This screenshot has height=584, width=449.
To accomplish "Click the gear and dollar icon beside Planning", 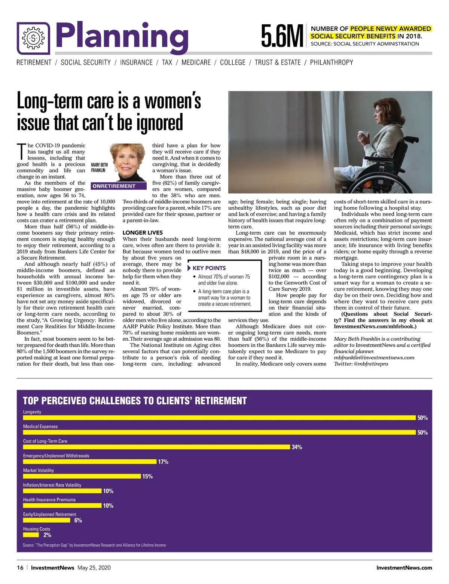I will [33, 38].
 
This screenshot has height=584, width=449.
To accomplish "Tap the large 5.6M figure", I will [282, 36].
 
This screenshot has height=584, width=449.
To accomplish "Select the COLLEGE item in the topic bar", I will [233, 63].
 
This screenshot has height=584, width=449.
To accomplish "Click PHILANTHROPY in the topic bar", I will [332, 63].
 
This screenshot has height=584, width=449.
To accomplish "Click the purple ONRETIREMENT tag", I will [114, 186].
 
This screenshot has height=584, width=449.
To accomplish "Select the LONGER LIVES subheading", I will [143, 232].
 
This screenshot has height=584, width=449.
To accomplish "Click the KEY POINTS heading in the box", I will [209, 268].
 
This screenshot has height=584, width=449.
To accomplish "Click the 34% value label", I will [297, 447].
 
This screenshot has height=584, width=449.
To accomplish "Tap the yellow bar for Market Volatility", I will [82, 476].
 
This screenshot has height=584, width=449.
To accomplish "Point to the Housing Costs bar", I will [31, 535].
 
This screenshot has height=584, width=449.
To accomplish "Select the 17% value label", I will [163, 462].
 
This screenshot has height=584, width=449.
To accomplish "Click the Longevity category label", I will [32, 412].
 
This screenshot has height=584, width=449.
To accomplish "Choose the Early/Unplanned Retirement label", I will [49, 514].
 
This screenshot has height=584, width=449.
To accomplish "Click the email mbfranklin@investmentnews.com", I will [374, 358].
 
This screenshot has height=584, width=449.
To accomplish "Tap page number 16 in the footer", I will [20, 568].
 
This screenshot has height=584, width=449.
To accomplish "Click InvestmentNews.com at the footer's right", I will [404, 568].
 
